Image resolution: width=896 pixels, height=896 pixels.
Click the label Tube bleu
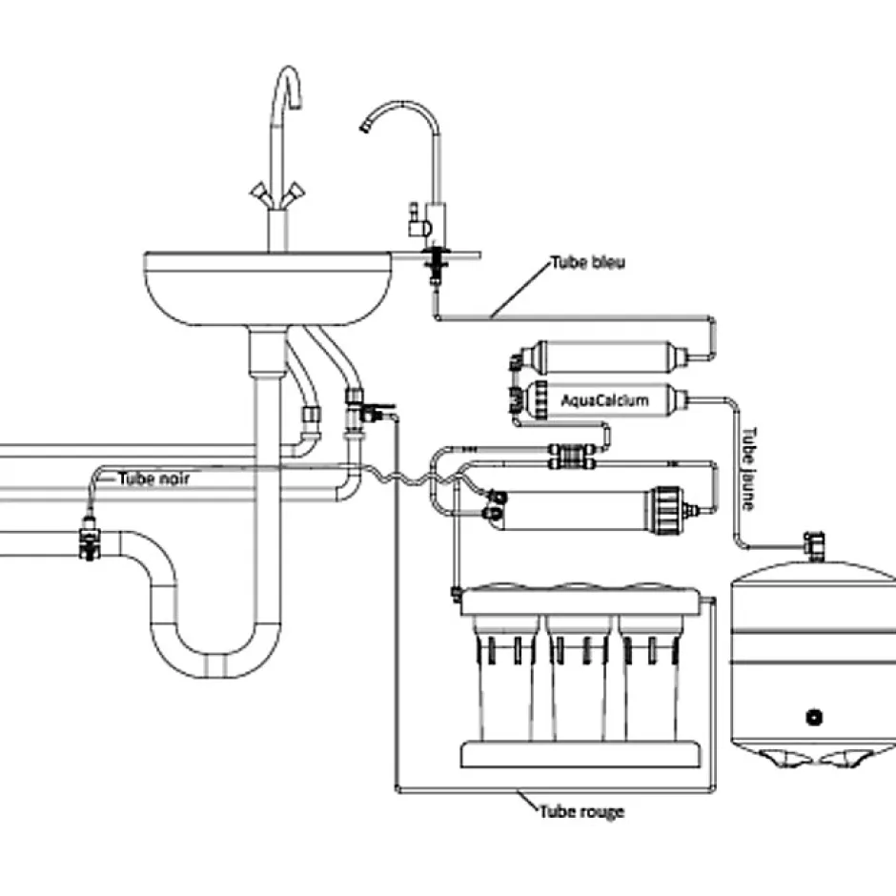click(x=587, y=262)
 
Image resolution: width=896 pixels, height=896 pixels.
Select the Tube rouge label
click(x=581, y=811)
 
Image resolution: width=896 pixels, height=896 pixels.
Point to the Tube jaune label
click(x=750, y=467)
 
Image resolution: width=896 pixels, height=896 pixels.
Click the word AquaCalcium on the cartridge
click(x=604, y=400)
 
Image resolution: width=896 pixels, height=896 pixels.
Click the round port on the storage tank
click(x=814, y=716)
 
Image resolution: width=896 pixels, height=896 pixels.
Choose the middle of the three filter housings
click(x=580, y=677)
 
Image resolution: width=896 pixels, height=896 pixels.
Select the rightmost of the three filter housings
click(x=656, y=677)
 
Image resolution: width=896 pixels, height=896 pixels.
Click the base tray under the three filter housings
click(x=581, y=754)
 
